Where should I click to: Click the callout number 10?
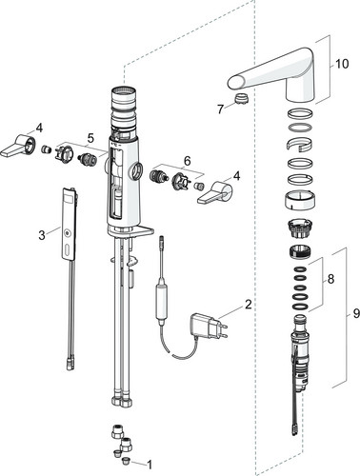pyautogui.click(x=342, y=64)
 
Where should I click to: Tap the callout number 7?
pyautogui.click(x=221, y=109)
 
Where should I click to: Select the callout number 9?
pyautogui.click(x=356, y=313)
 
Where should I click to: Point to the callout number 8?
pyautogui.click(x=330, y=279)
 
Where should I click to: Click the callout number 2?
pyautogui.click(x=248, y=305)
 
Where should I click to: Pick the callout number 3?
pyautogui.click(x=42, y=235)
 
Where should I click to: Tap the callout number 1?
pyautogui.click(x=150, y=465)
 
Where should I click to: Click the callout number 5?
pyautogui.click(x=90, y=138)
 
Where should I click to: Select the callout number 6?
pyautogui.click(x=188, y=161)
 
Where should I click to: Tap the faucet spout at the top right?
pyautogui.click(x=273, y=74)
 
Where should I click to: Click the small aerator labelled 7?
pyautogui.click(x=241, y=98)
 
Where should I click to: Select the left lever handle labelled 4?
pyautogui.click(x=18, y=146)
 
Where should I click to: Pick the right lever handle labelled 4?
pyautogui.click(x=215, y=192)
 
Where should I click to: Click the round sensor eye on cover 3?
pyautogui.click(x=66, y=233)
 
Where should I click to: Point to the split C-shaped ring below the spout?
pyautogui.click(x=298, y=144)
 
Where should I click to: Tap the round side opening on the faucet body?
pyautogui.click(x=137, y=171)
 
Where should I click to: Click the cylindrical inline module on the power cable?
pyautogui.click(x=161, y=302)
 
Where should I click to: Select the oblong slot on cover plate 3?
pyautogui.click(x=66, y=249)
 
